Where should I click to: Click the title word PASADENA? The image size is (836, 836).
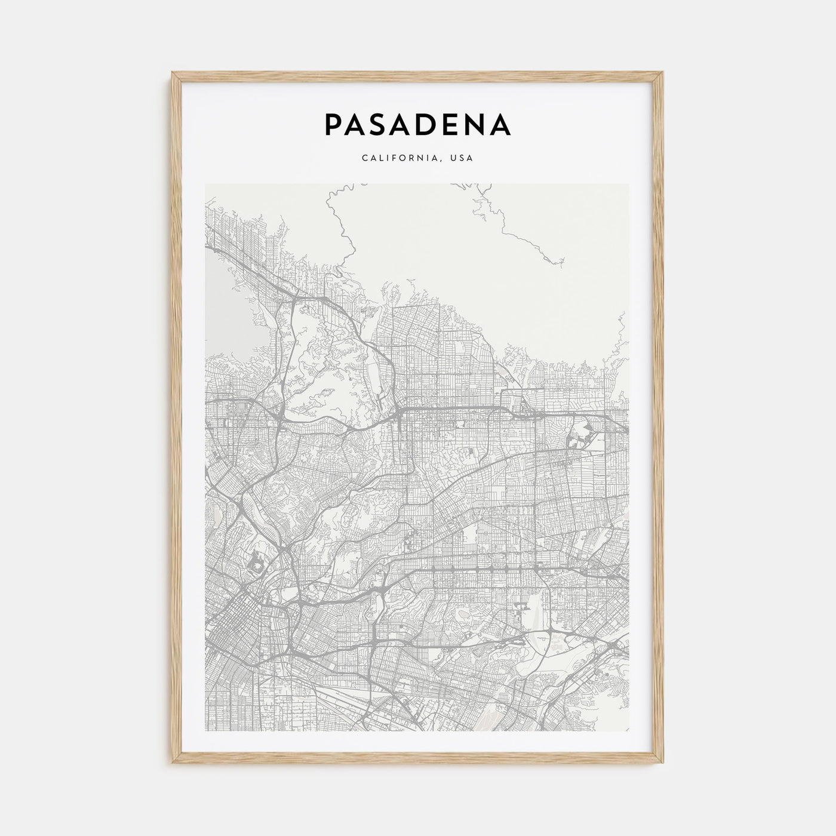tap(417, 124)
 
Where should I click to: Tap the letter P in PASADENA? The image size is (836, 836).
tap(333, 124)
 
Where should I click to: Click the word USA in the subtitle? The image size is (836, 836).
tap(463, 159)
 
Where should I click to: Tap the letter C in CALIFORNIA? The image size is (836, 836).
tap(364, 159)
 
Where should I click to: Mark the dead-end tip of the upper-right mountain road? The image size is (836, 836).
tap(564, 261)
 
